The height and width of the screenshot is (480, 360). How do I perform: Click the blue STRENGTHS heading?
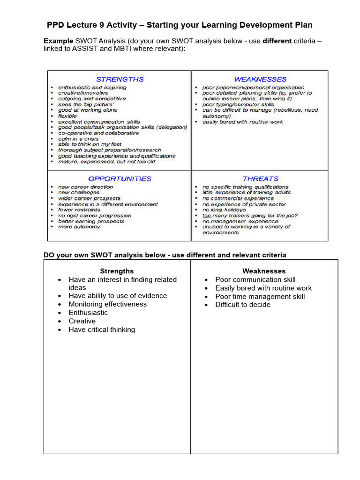[x=120, y=79]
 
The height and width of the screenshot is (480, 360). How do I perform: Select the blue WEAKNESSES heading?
[x=260, y=79]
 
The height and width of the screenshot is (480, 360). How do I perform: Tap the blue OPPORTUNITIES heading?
[x=120, y=179]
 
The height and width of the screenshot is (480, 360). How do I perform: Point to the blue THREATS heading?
[x=260, y=179]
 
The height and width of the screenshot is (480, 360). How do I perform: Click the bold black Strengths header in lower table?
[x=117, y=271]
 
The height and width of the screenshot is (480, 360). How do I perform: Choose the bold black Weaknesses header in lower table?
[x=264, y=271]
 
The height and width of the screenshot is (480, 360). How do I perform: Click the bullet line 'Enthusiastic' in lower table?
[x=88, y=313]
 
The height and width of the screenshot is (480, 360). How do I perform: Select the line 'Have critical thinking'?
[x=102, y=330]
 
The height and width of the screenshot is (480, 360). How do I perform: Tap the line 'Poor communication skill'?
[x=255, y=280]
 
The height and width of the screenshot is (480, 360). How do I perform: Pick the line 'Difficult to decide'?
[x=243, y=305]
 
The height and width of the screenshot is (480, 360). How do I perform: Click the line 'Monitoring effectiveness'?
[x=107, y=304]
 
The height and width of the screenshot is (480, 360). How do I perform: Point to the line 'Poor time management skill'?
[x=260, y=296]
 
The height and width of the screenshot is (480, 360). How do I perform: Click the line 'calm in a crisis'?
[x=78, y=139]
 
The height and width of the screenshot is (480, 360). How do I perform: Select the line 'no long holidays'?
[x=224, y=210]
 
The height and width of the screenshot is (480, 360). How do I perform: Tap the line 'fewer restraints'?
[x=79, y=210]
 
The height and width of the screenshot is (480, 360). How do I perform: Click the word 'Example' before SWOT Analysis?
[x=59, y=41]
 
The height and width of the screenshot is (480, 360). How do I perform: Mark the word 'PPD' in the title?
[x=57, y=25]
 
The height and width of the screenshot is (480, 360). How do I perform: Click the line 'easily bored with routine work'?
[x=243, y=122]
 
